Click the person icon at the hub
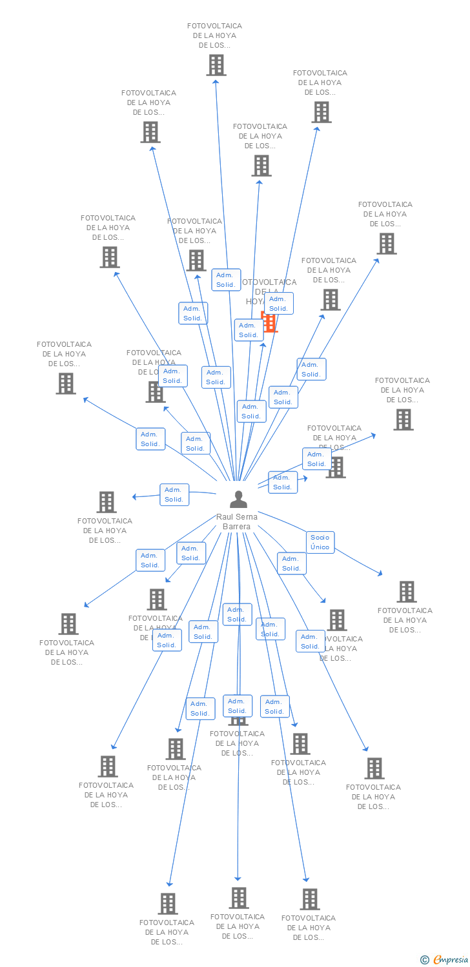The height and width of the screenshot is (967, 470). [x=238, y=500]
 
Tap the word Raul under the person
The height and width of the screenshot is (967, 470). [x=226, y=517]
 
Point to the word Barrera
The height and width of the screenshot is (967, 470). [x=237, y=527]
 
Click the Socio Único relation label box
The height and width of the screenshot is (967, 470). [x=320, y=542]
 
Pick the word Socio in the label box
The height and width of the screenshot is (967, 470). [x=320, y=538]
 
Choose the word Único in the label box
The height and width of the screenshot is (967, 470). [x=320, y=547]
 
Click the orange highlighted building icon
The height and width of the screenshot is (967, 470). [x=270, y=322]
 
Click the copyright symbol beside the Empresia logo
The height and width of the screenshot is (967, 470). [x=425, y=960]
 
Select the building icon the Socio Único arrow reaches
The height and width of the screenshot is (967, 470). [x=406, y=592]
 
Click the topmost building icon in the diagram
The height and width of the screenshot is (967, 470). [x=216, y=65]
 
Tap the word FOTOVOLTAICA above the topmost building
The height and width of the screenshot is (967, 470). [x=214, y=26]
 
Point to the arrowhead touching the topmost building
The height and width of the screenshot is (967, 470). [x=216, y=81]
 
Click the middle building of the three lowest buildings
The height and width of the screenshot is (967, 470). [x=239, y=898]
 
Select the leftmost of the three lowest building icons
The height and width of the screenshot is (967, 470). [x=168, y=904]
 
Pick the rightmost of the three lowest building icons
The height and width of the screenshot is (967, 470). [x=310, y=899]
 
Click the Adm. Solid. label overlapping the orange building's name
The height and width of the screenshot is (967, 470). [x=278, y=304]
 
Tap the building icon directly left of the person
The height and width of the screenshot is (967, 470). [x=107, y=502]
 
